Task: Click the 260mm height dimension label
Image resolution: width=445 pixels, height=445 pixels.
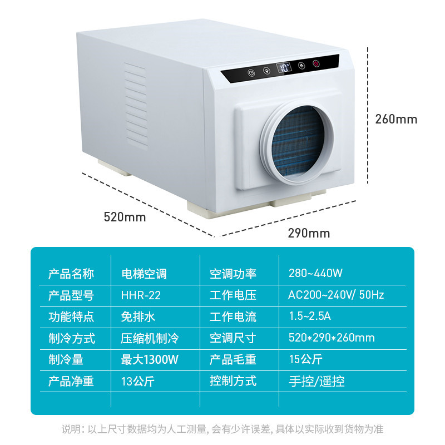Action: (395, 119)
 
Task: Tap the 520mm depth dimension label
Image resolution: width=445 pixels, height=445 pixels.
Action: (125, 217)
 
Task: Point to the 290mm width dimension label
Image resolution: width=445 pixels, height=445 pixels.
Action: (309, 233)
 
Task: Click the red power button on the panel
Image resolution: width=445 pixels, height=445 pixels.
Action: (316, 64)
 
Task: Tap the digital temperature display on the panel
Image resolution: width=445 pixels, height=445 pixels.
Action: (284, 68)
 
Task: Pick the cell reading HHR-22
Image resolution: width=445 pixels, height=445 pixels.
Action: (141, 295)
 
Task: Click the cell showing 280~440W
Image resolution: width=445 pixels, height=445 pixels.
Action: (315, 274)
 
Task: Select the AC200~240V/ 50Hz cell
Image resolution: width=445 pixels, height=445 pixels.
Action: (337, 295)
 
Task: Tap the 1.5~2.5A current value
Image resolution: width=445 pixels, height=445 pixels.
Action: (310, 317)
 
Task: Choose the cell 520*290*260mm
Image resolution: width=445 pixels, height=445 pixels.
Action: (332, 338)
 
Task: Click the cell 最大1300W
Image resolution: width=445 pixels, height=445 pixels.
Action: (150, 359)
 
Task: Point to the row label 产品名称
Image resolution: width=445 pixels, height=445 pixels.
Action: (71, 274)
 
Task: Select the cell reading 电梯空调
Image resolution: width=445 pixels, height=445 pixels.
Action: (144, 274)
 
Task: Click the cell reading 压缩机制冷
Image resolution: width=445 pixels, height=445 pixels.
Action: (150, 338)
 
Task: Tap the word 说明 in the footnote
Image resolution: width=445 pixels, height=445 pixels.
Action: (70, 429)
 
